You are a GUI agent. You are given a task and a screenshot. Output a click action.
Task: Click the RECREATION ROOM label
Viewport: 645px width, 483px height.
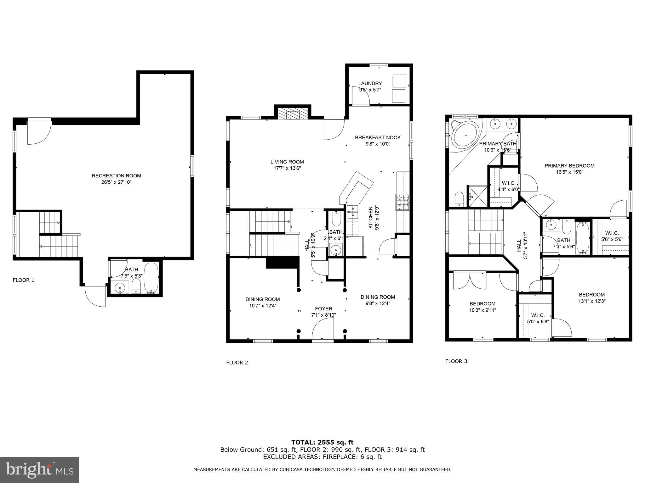(116, 176)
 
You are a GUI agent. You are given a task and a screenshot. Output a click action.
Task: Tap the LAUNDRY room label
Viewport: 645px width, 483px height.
(370, 83)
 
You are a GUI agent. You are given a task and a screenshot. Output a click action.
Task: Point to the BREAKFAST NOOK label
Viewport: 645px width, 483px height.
(378, 137)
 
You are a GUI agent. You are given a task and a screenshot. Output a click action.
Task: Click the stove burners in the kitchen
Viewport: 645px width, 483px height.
(402, 202)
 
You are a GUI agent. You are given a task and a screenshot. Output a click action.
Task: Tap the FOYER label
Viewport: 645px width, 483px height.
(323, 309)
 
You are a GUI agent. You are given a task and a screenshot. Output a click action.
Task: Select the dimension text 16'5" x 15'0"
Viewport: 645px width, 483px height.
(569, 172)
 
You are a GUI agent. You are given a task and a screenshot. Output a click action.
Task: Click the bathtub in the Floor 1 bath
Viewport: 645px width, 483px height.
(151, 277)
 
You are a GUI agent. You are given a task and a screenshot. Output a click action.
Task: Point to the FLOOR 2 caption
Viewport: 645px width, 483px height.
(237, 363)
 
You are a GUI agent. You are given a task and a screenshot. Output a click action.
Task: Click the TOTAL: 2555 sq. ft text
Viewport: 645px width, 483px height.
(322, 442)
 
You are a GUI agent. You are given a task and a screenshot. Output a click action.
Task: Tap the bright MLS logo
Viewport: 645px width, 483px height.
(39, 470)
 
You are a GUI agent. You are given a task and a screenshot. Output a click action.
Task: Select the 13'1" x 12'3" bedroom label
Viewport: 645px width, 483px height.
(591, 297)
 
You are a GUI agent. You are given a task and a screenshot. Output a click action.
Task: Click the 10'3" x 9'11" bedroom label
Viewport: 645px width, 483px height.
(482, 307)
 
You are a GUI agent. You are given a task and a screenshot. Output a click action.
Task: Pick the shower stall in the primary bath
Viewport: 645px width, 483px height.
(478, 196)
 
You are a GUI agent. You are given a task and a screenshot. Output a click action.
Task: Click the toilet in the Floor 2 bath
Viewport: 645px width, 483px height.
(336, 219)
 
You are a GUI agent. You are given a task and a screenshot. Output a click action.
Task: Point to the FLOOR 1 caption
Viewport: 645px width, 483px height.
(23, 280)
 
